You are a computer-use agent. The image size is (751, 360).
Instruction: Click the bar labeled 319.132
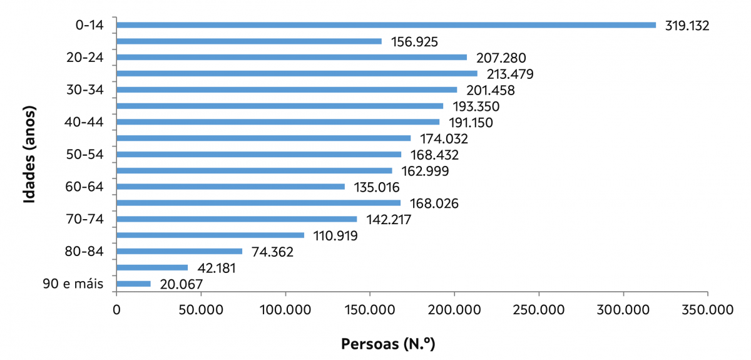pyautogui.click(x=386, y=25)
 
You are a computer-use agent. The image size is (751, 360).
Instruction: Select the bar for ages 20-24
pyautogui.click(x=292, y=58)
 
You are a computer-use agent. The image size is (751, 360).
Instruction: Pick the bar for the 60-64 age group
pyautogui.click(x=230, y=187)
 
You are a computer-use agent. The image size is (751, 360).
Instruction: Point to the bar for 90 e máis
pyautogui.click(x=133, y=284)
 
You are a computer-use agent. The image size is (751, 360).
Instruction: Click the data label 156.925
pyautogui.click(x=413, y=42)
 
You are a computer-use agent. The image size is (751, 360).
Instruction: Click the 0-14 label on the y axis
pyautogui.click(x=88, y=25)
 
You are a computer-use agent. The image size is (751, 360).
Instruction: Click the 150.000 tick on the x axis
pyautogui.click(x=369, y=309)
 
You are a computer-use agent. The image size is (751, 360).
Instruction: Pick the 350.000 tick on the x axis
pyautogui.click(x=707, y=309)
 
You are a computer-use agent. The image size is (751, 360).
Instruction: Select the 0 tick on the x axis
pyautogui.click(x=116, y=309)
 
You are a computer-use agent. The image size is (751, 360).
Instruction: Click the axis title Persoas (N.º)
pyautogui.click(x=387, y=344)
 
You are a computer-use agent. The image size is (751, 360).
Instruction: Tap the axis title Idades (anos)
pyautogui.click(x=28, y=154)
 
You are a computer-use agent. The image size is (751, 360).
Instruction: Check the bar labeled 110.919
pyautogui.click(x=210, y=235)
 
